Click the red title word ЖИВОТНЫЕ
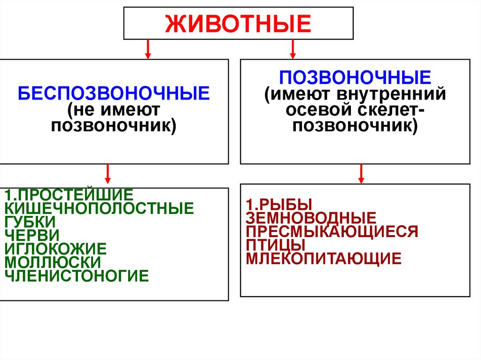pyautogui.click(x=238, y=23)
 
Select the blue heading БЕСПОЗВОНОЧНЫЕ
pyautogui.click(x=114, y=93)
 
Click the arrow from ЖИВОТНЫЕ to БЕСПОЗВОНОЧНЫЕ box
pyautogui.click(x=148, y=49)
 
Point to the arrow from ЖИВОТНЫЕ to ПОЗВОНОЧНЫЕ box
pyautogui.click(x=293, y=49)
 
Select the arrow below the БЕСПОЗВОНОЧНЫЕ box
pyautogui.click(x=108, y=173)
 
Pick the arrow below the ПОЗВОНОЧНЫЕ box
pyautogui.click(x=361, y=173)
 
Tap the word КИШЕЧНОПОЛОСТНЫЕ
pyautogui.click(x=99, y=208)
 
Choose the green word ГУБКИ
pyautogui.click(x=30, y=221)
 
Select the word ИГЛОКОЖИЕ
pyautogui.click(x=56, y=248)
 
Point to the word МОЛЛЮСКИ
pyautogui.click(x=53, y=261)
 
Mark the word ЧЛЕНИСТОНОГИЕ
pyautogui.click(x=77, y=275)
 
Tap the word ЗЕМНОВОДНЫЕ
pyautogui.click(x=311, y=218)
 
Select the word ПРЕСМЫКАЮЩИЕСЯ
pyautogui.click(x=332, y=231)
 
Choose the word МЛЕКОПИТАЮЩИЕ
pyautogui.click(x=324, y=258)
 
